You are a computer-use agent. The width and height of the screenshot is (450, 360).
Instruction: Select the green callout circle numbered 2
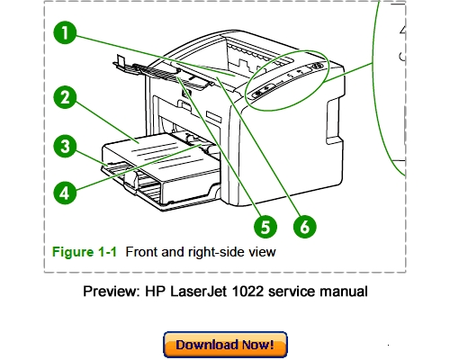tap(63, 98)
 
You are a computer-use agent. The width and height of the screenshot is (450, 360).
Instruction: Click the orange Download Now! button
tap(225, 345)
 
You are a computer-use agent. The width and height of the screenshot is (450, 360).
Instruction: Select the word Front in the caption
tap(142, 252)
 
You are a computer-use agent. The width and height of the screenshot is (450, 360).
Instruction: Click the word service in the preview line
tap(292, 292)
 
